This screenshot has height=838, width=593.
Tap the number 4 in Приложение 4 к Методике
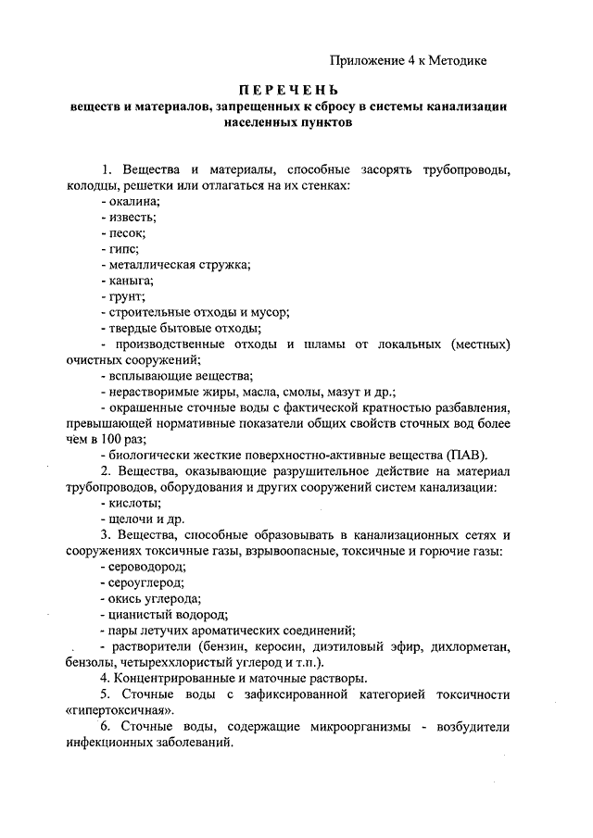pos(410,60)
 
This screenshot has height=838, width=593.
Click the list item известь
pos(132,217)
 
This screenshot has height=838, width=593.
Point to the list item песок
pos(128,233)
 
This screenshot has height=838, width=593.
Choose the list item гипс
pos(124,250)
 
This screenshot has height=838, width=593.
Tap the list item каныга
pos(131,282)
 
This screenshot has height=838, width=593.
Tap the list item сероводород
pos(147,567)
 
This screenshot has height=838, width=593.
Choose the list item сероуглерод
pos(146,583)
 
